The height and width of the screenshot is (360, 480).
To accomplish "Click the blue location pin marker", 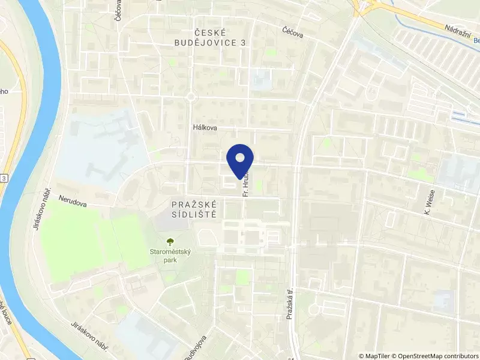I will tap(241, 159).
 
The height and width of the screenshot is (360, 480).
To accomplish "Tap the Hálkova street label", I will tap(205, 128).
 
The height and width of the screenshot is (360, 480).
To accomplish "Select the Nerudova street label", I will tap(73, 200).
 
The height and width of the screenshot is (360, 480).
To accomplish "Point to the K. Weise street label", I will tap(428, 204).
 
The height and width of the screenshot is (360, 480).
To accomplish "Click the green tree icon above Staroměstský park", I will tap(170, 241).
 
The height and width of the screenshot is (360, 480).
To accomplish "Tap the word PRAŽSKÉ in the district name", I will tap(193, 205).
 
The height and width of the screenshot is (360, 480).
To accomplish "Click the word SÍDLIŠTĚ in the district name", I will tap(193, 215).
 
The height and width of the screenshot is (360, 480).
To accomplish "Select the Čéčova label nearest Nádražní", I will tap(293, 31).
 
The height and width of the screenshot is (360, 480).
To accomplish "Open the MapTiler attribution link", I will tap(377, 355).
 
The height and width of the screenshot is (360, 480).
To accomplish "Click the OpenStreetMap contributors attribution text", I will tap(437, 355).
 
